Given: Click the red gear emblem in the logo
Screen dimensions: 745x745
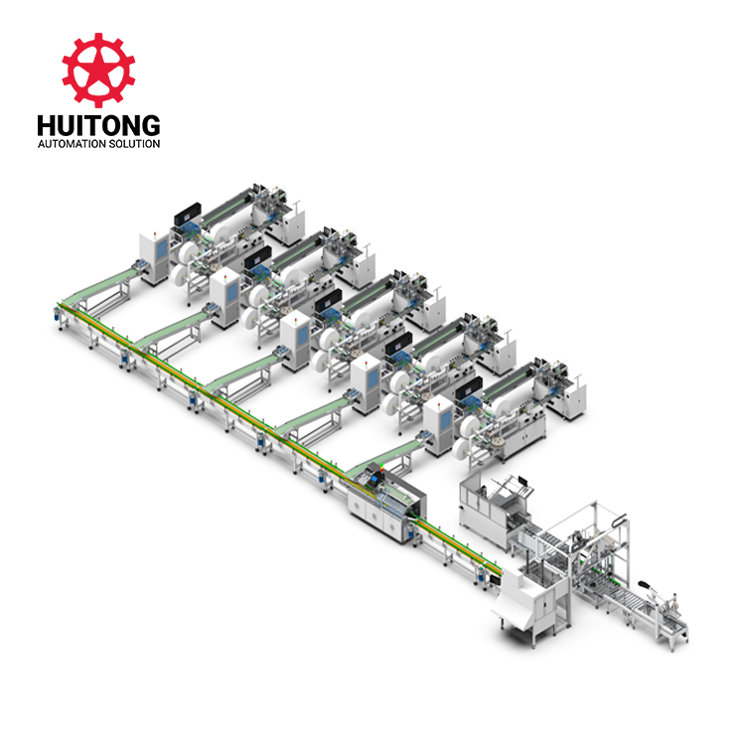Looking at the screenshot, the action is tap(98, 70).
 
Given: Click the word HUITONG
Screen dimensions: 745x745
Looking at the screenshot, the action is tap(98, 125).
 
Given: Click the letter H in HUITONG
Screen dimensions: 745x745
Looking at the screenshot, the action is tap(46, 125).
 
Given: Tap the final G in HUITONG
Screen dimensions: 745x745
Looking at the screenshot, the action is tap(150, 125).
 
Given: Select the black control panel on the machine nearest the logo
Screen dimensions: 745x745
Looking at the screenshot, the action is tap(187, 214).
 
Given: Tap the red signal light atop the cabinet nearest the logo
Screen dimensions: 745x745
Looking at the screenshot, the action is tap(155, 232).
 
